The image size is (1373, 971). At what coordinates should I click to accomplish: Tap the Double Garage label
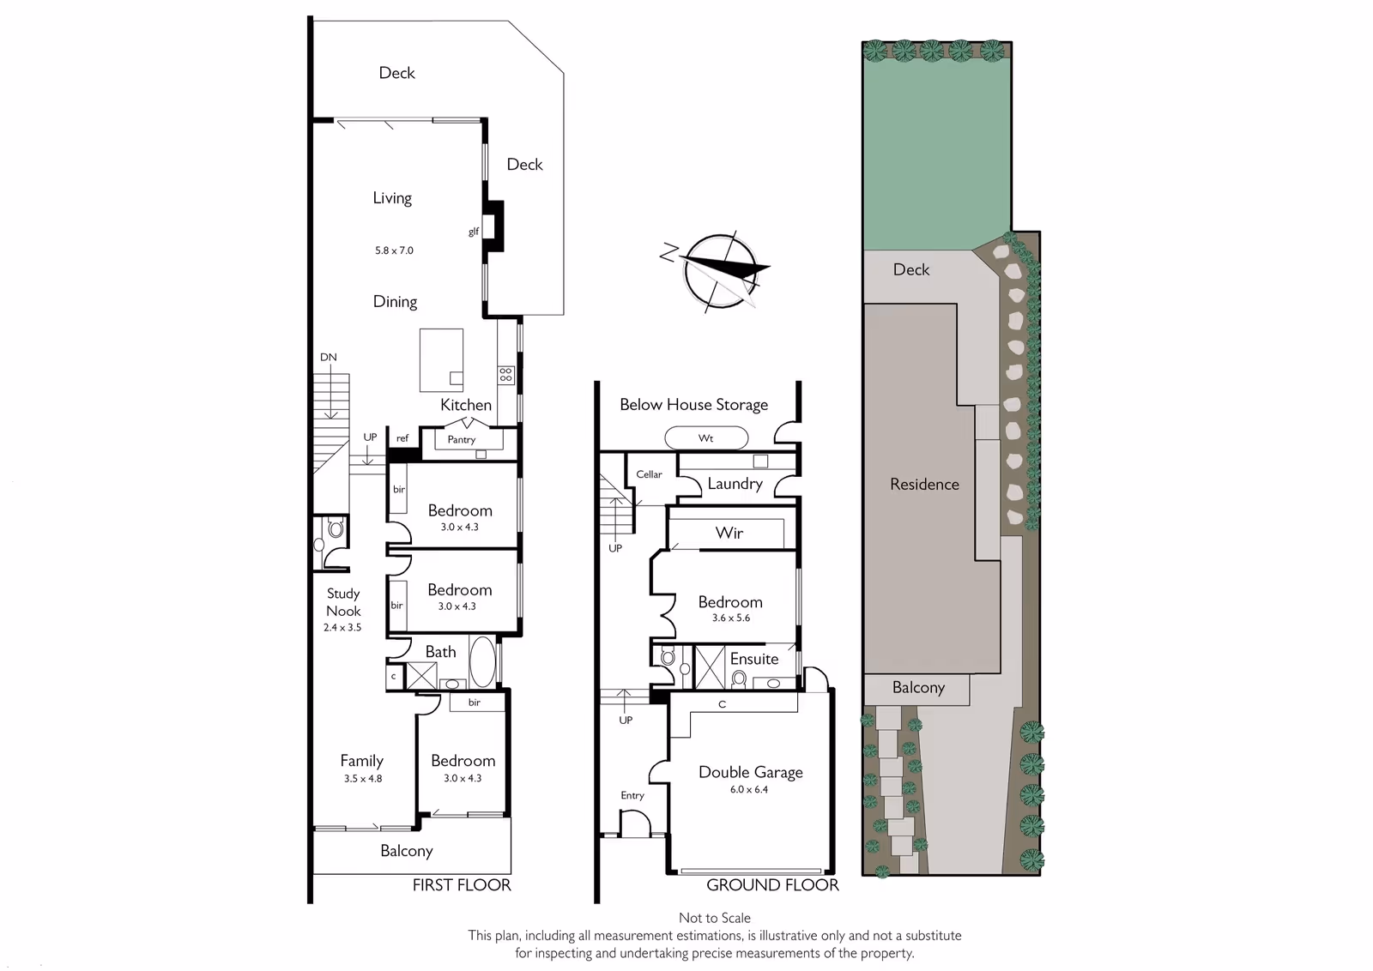[x=750, y=772]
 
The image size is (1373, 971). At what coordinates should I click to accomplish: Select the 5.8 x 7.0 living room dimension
[x=394, y=250]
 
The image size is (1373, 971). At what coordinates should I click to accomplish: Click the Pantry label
[x=461, y=439]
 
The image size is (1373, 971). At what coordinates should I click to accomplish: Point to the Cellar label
[x=649, y=474]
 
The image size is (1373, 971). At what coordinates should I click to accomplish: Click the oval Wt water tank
[x=706, y=438]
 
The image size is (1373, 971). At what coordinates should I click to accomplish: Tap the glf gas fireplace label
[x=473, y=232]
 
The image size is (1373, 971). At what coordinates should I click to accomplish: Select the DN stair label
[x=329, y=357]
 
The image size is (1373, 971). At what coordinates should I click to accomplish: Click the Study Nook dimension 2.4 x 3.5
[x=342, y=627]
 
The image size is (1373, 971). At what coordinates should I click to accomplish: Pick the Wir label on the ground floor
[x=729, y=533]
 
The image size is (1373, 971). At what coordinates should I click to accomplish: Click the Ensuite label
[x=754, y=659]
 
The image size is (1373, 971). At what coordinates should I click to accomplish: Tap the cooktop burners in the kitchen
[x=505, y=375]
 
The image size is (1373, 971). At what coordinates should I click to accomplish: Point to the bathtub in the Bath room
[x=482, y=662]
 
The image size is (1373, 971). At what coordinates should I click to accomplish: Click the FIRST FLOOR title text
[x=462, y=884]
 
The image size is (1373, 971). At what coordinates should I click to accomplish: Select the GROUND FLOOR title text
[x=772, y=884]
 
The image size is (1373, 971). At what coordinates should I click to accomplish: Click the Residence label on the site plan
[x=924, y=484]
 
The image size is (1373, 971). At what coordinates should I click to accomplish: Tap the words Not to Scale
[x=715, y=918]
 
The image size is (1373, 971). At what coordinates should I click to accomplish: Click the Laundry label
[x=735, y=484]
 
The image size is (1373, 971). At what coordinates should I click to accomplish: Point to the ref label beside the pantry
[x=402, y=438]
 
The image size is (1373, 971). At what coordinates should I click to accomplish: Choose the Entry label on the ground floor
[x=632, y=795]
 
